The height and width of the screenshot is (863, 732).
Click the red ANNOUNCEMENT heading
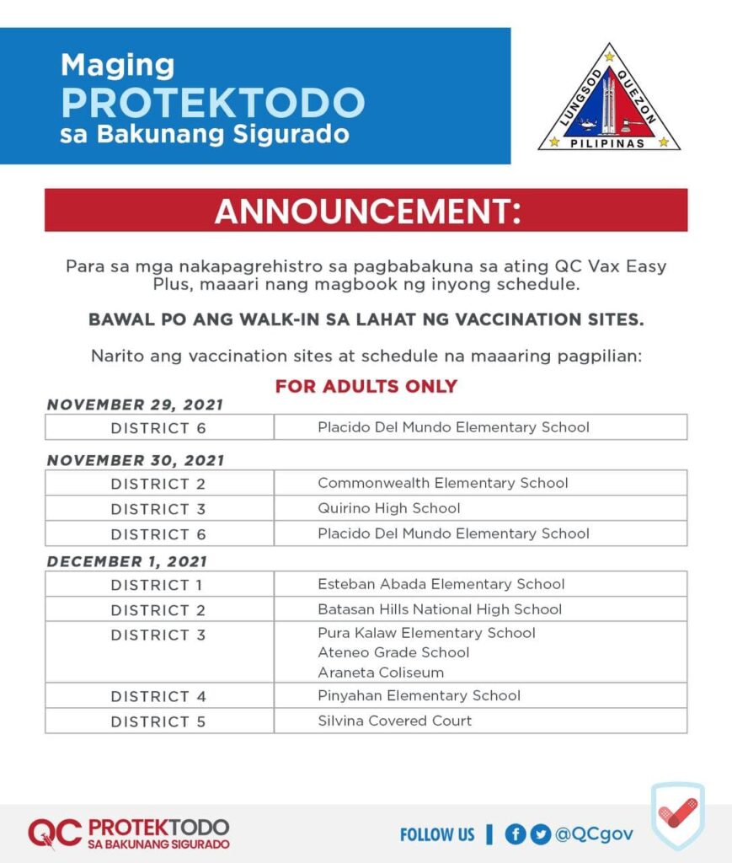[366, 211]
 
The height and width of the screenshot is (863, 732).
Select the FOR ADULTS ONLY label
[366, 386]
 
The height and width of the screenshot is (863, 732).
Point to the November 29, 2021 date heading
[135, 405]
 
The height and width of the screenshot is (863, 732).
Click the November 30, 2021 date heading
[136, 460]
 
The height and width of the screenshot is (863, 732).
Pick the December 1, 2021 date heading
[126, 561]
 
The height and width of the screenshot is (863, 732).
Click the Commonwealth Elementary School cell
[442, 483]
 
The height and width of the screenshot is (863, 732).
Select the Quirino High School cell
[388, 508]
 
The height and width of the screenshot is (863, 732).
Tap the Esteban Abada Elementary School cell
[441, 584]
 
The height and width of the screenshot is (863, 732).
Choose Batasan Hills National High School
[439, 609]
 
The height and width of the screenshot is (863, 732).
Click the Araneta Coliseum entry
[380, 673]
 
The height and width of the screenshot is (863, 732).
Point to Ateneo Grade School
[393, 652]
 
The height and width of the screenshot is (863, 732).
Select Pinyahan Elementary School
[419, 695]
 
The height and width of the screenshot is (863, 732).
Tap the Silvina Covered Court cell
[394, 721]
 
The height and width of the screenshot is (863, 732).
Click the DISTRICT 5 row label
[158, 721]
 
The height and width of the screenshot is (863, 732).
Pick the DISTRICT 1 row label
[158, 585]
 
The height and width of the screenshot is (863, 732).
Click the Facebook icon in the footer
[515, 834]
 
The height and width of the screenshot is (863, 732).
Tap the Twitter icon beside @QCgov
[540, 834]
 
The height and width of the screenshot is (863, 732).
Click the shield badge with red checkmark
[677, 816]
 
